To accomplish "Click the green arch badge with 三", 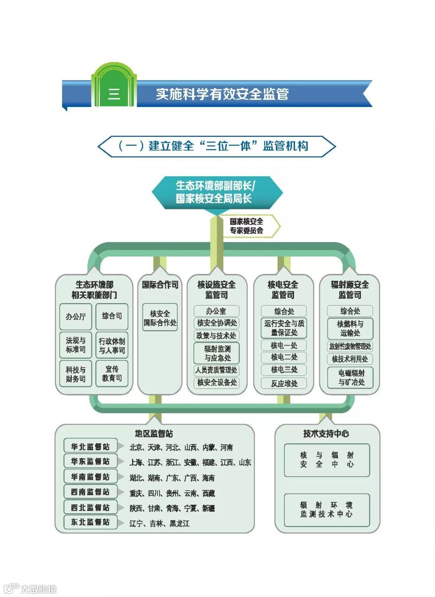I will (x=114, y=87).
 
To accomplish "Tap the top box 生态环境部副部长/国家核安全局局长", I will (x=216, y=192).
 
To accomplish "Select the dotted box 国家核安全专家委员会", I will (x=247, y=226).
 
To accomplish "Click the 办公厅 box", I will (x=76, y=316).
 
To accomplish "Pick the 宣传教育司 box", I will (x=112, y=374).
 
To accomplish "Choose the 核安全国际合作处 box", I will (x=160, y=318).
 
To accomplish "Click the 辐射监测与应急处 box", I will (x=217, y=353).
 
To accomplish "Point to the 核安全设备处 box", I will (x=217, y=382).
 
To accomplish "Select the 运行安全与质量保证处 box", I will (x=284, y=328).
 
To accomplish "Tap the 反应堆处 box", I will (x=284, y=383).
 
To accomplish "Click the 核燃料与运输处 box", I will (x=350, y=328).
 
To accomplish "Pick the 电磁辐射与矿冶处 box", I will (x=350, y=377).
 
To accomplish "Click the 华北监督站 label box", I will (x=90, y=446).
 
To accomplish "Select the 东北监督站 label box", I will (x=90, y=522).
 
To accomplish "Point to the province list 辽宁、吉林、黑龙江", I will (x=159, y=523).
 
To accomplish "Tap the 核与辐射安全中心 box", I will (x=327, y=460).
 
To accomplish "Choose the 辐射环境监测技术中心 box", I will (x=327, y=510).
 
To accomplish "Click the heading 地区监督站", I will (x=154, y=434).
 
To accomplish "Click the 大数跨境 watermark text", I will (x=38, y=589).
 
